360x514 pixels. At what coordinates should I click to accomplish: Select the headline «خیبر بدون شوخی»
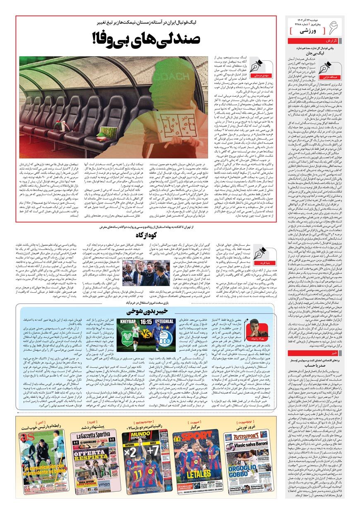[x=146, y=311]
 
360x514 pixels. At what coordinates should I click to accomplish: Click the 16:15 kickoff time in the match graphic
[x=146, y=321]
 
